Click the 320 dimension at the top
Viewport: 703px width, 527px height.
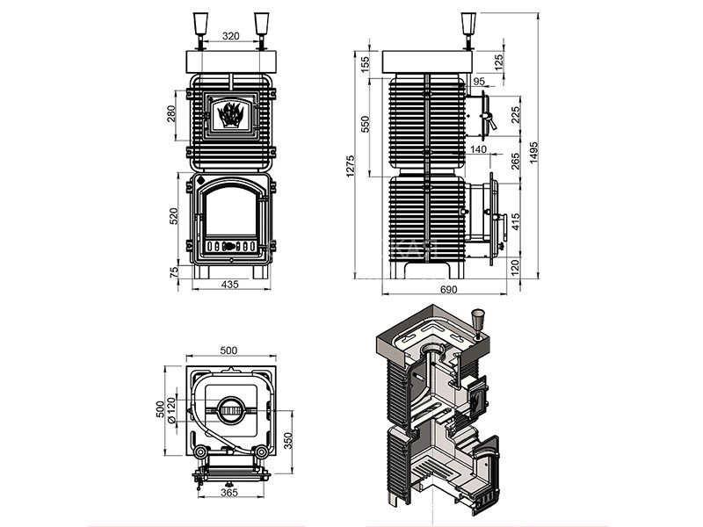tap(230, 37)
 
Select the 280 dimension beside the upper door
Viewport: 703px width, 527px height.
tap(173, 115)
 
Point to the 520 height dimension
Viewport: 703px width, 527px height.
tap(173, 214)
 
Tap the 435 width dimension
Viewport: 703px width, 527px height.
tap(230, 285)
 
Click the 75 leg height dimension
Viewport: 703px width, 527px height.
tap(173, 273)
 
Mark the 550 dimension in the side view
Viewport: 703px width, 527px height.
tap(366, 125)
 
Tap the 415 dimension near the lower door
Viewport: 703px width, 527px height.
tap(514, 217)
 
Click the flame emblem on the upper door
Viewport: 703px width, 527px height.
tap(230, 115)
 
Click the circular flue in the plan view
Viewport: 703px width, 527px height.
tap(229, 408)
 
